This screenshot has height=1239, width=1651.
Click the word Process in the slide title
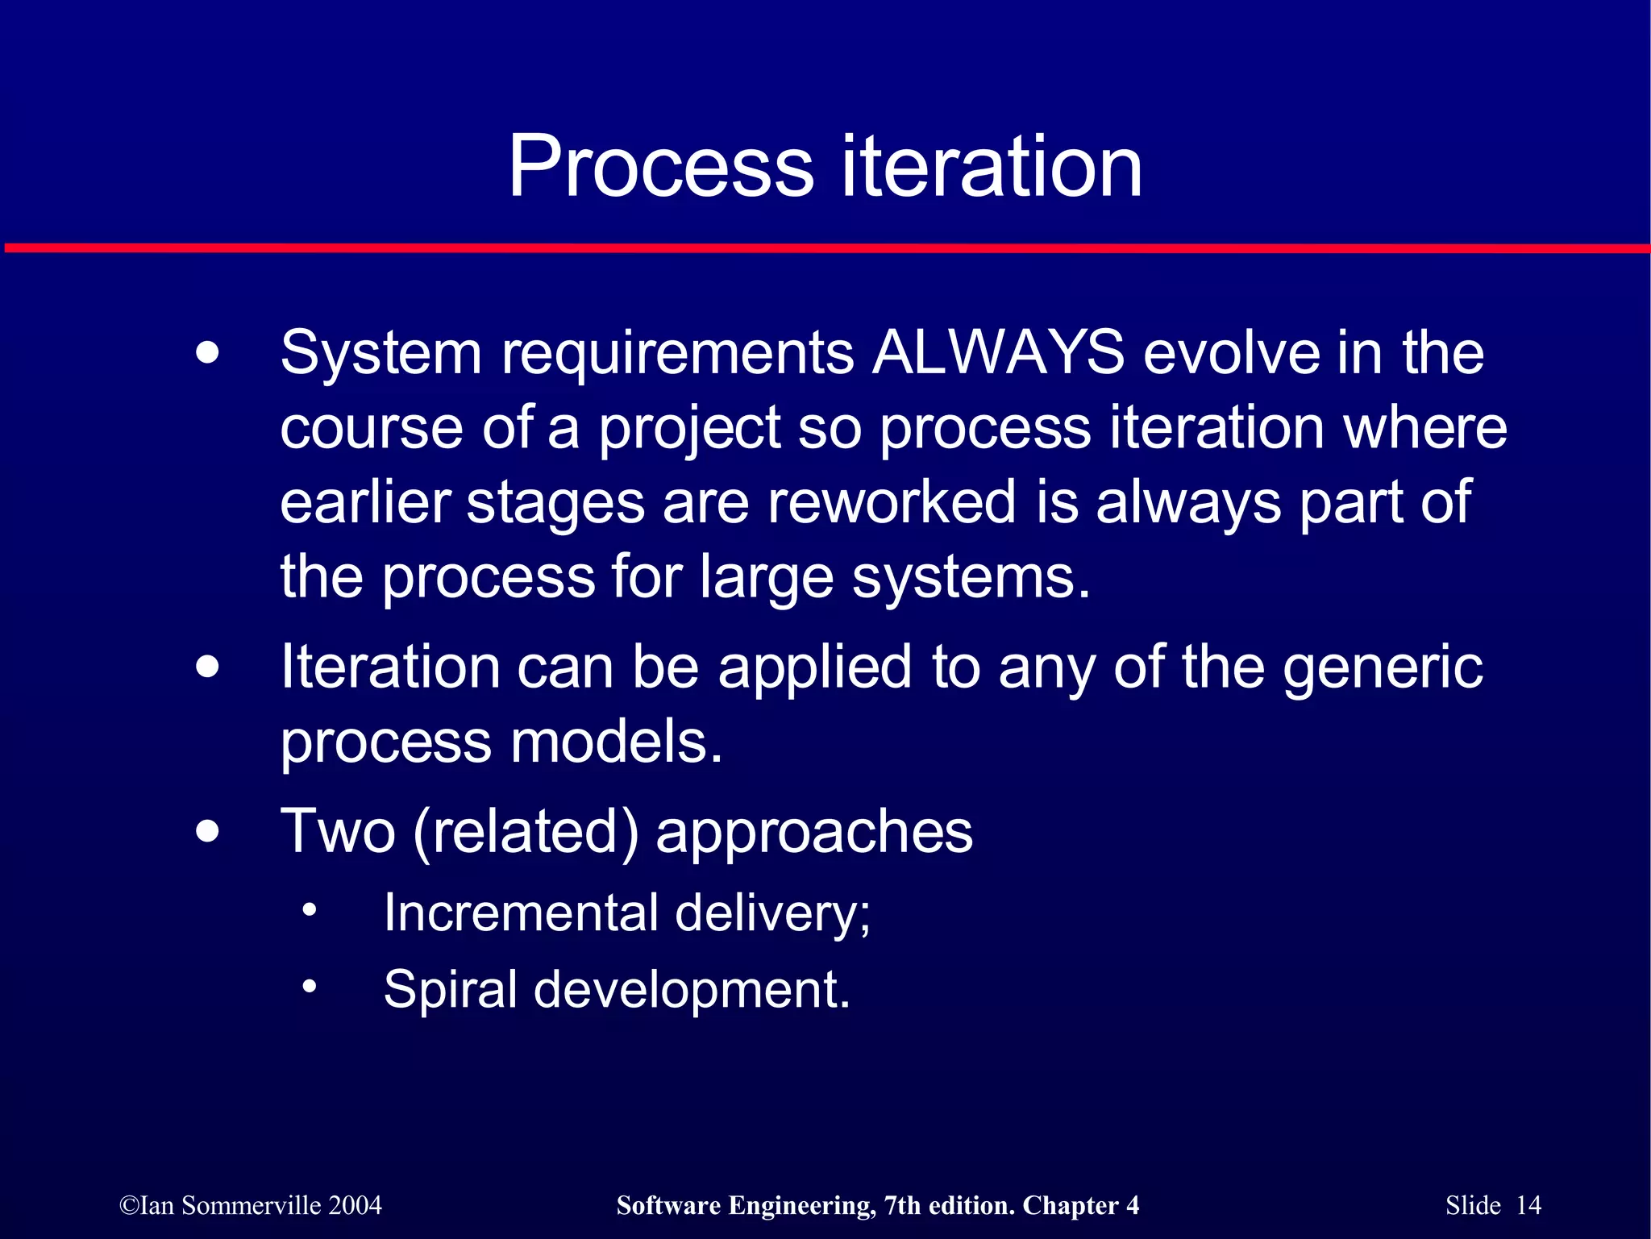pos(661,167)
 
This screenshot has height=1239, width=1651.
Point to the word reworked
pos(892,502)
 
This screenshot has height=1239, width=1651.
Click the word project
pos(689,430)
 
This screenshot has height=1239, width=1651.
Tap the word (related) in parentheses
pos(526,832)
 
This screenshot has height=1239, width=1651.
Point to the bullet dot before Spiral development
pos(310,987)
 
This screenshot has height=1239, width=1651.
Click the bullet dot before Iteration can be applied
pos(207,667)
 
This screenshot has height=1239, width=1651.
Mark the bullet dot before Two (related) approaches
pos(207,831)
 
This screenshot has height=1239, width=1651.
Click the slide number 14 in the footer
pos(1528,1205)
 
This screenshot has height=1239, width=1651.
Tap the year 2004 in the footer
pos(355,1205)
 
